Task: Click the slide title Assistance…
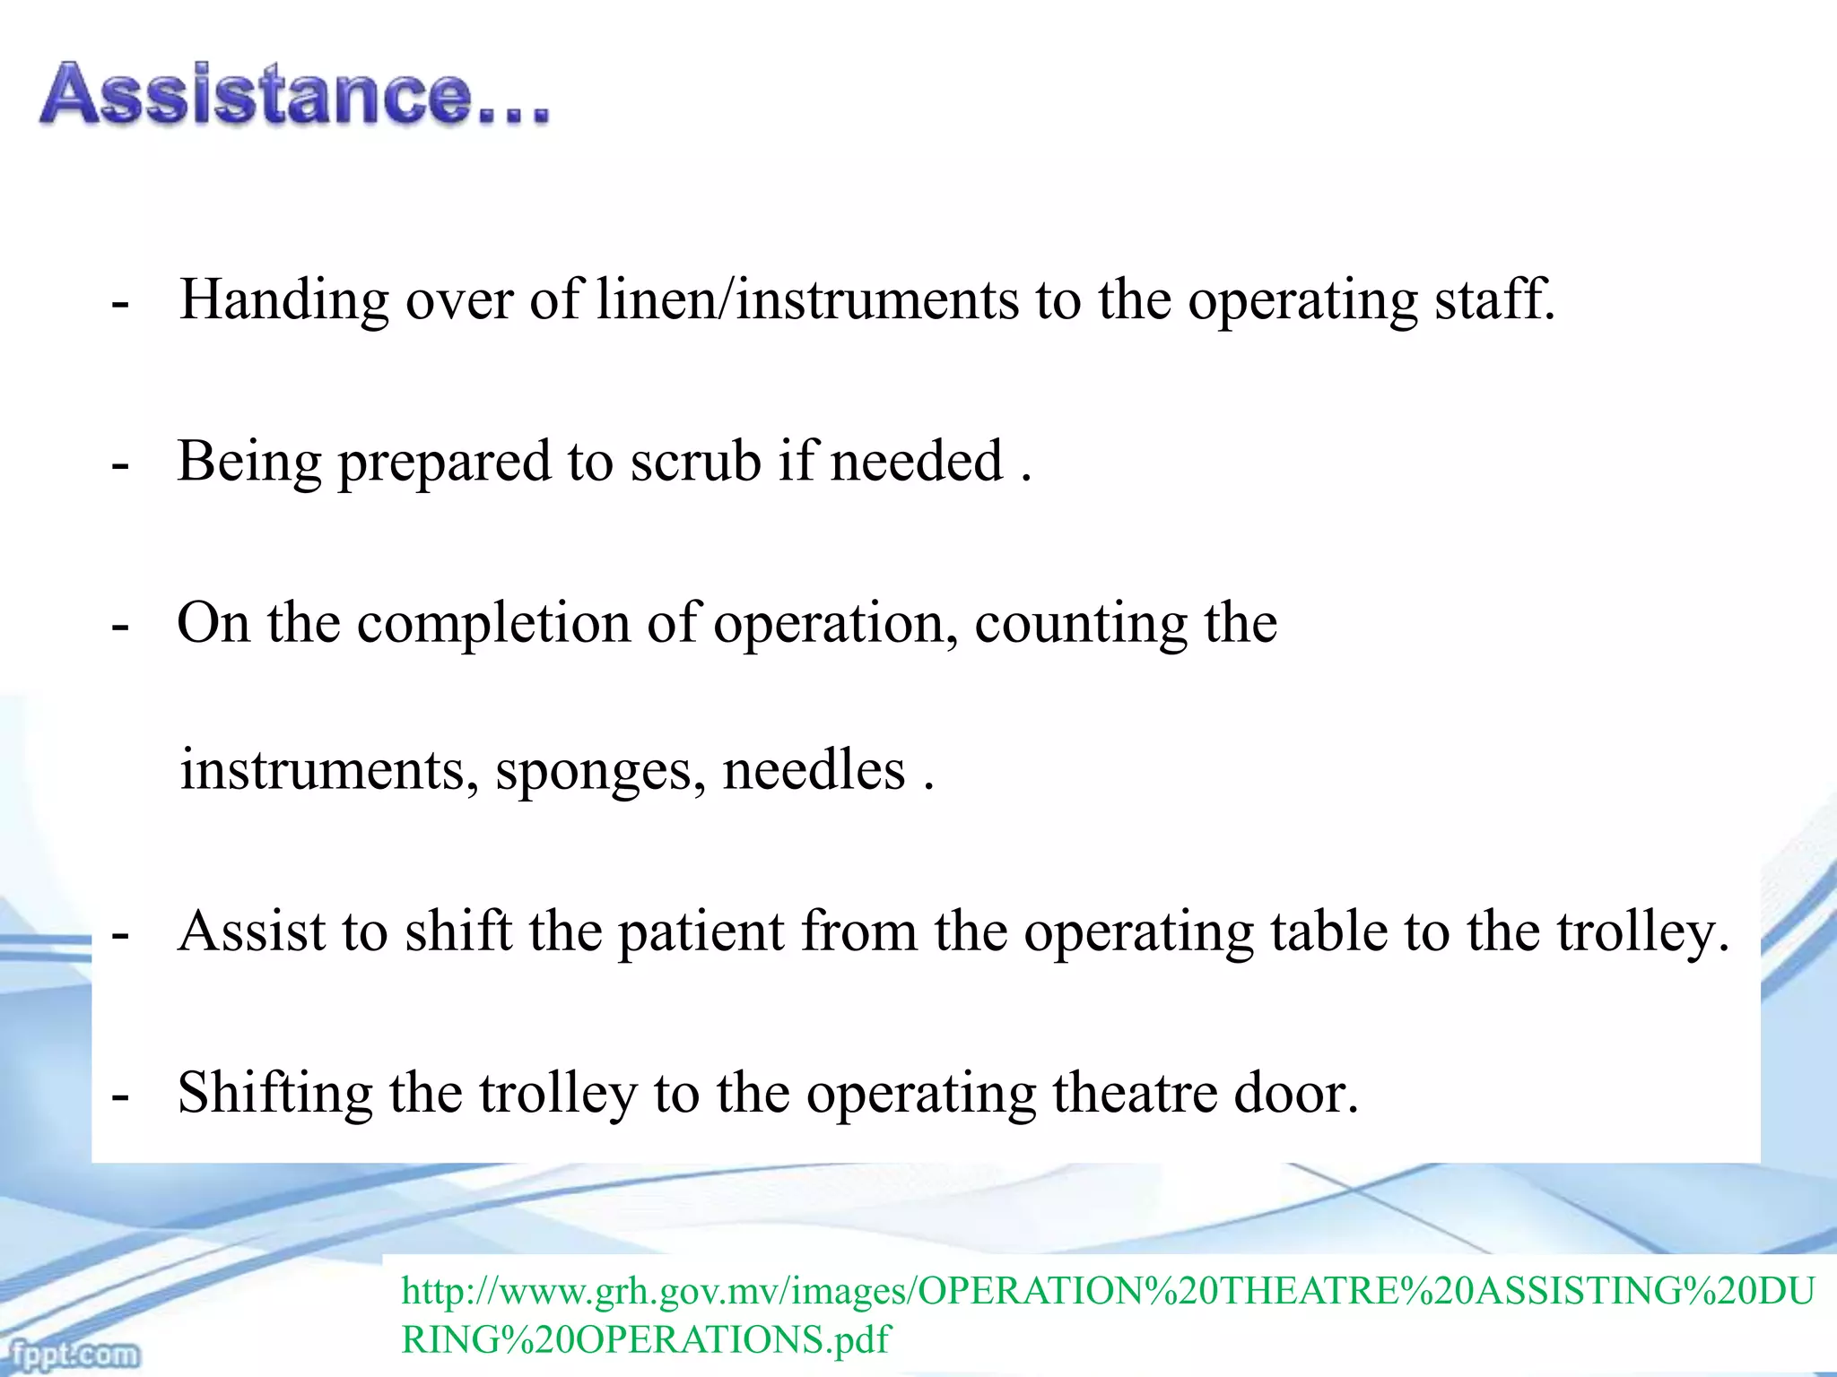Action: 294,93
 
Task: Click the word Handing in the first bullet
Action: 283,299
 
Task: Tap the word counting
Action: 1080,624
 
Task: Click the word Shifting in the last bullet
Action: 274,1094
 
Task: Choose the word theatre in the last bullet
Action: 1134,1094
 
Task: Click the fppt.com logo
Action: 72,1354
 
